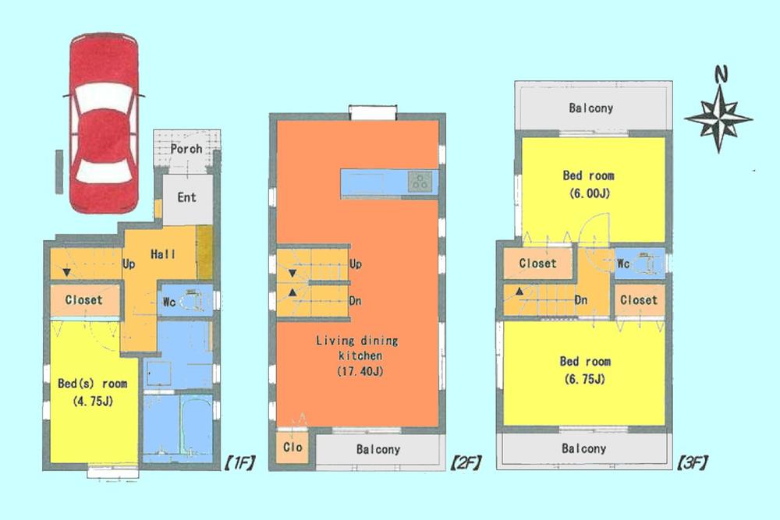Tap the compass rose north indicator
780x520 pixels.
[x=718, y=115]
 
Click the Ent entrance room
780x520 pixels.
[x=186, y=198]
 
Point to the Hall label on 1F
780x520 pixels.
[x=164, y=254]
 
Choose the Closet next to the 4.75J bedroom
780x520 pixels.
[x=83, y=299]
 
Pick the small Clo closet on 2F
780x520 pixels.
[x=293, y=448]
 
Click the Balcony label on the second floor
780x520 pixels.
[x=378, y=449]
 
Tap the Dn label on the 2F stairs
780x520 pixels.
[x=355, y=300]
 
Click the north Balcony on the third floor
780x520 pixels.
[x=590, y=108]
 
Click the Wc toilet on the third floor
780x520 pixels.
[x=639, y=263]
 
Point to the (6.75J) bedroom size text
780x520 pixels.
[x=583, y=380]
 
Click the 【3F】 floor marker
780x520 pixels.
[x=688, y=462]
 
